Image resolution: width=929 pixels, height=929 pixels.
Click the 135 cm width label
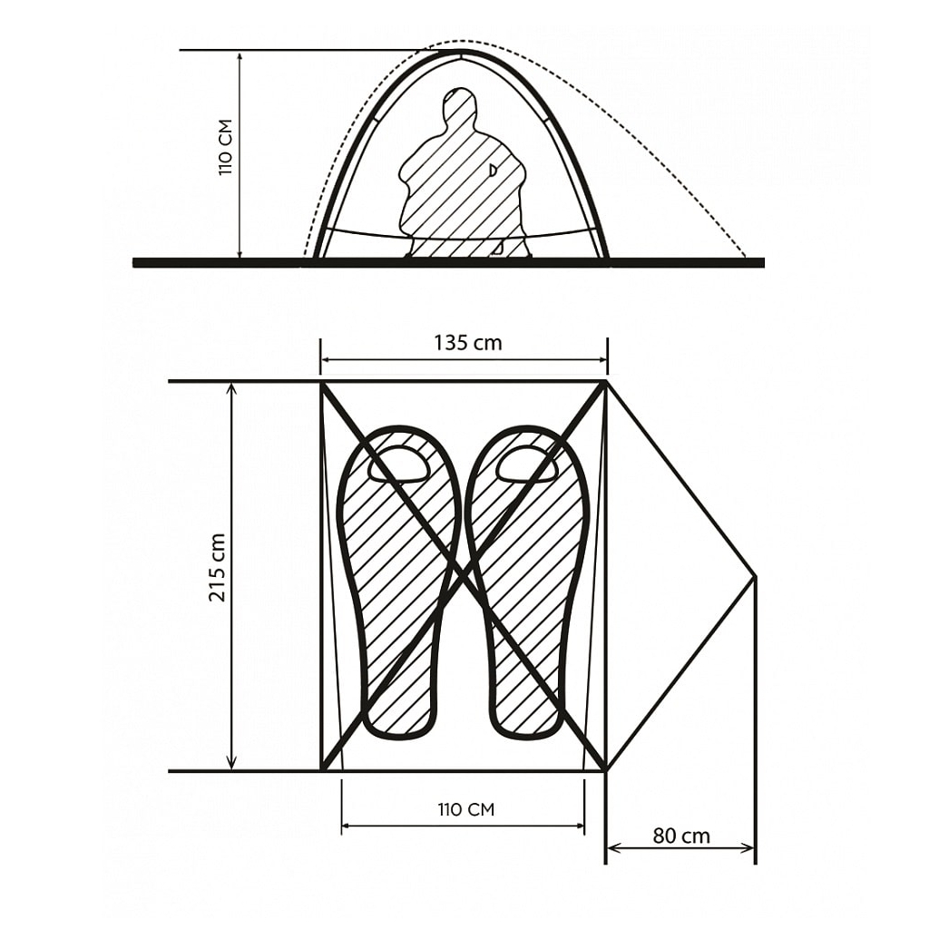click(x=467, y=343)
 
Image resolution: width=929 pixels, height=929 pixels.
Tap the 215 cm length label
click(x=218, y=567)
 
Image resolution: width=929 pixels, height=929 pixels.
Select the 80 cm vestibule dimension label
click(x=681, y=836)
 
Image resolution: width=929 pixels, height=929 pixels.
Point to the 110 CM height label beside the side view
click(x=226, y=147)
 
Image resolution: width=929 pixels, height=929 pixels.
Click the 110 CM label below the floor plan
click(x=465, y=809)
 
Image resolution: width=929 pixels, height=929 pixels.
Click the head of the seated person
click(x=460, y=104)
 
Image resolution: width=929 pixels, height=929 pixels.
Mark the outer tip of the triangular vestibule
click(x=756, y=576)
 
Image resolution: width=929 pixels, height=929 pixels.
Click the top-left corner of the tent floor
click(x=321, y=382)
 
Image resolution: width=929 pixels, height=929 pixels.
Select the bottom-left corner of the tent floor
click(x=321, y=770)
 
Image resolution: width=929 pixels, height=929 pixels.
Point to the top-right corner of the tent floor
click(x=606, y=382)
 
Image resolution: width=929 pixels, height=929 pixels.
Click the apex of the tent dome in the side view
click(x=460, y=52)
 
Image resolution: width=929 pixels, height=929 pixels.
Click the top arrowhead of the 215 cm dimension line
click(x=231, y=388)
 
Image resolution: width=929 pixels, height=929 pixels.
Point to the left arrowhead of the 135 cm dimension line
click(x=328, y=359)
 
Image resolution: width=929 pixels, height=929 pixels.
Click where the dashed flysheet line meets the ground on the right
click(x=746, y=258)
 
